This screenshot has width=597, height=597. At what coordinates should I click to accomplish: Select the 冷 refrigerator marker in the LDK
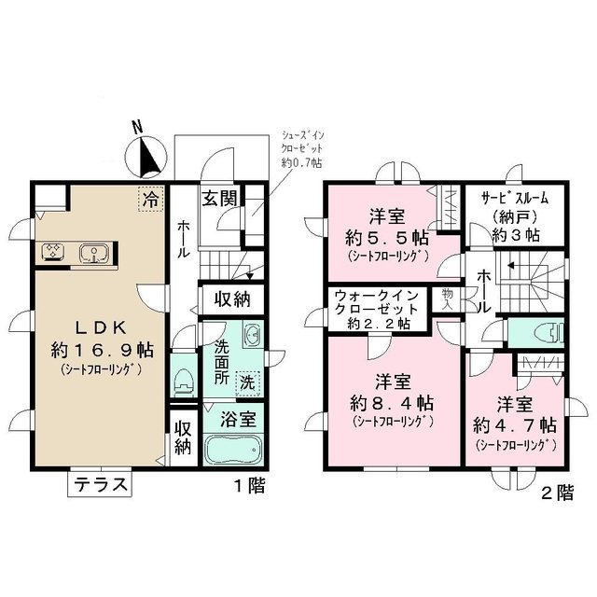pos(149,198)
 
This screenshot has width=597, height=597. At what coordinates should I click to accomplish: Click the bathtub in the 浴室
pos(232,451)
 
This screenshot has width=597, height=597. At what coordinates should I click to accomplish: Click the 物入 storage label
pos(448,298)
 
